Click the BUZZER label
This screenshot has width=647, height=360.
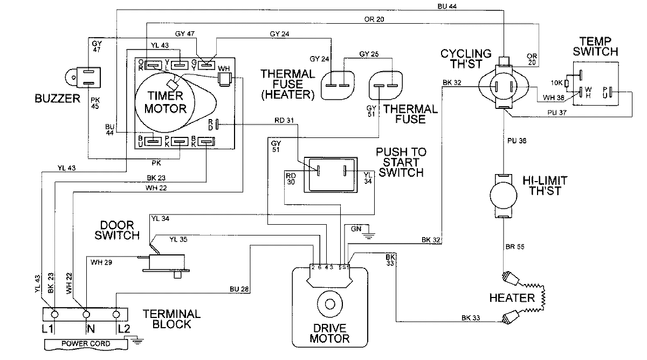click(57, 98)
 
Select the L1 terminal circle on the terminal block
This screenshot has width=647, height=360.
click(54, 314)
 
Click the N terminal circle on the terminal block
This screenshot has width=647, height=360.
click(86, 314)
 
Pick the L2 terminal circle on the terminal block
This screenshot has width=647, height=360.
click(116, 314)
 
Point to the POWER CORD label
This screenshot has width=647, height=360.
click(86, 344)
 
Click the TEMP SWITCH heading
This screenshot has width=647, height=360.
click(598, 46)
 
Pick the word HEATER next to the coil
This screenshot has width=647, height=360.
click(512, 297)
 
